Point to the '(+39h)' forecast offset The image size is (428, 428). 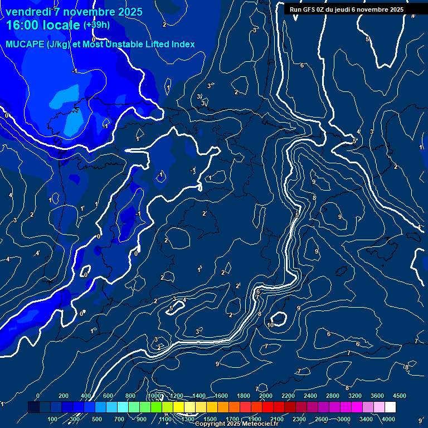point(96,25)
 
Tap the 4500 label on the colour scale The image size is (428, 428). point(399,396)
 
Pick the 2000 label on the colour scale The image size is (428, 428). point(265,396)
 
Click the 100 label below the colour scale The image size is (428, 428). point(53,419)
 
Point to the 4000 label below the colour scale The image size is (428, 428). point(388,419)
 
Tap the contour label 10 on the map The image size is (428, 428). point(270,325)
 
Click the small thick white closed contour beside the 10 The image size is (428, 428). point(279,319)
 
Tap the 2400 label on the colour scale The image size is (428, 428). point(310,396)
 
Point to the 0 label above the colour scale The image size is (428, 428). point(38,396)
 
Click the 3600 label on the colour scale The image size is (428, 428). point(377,396)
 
